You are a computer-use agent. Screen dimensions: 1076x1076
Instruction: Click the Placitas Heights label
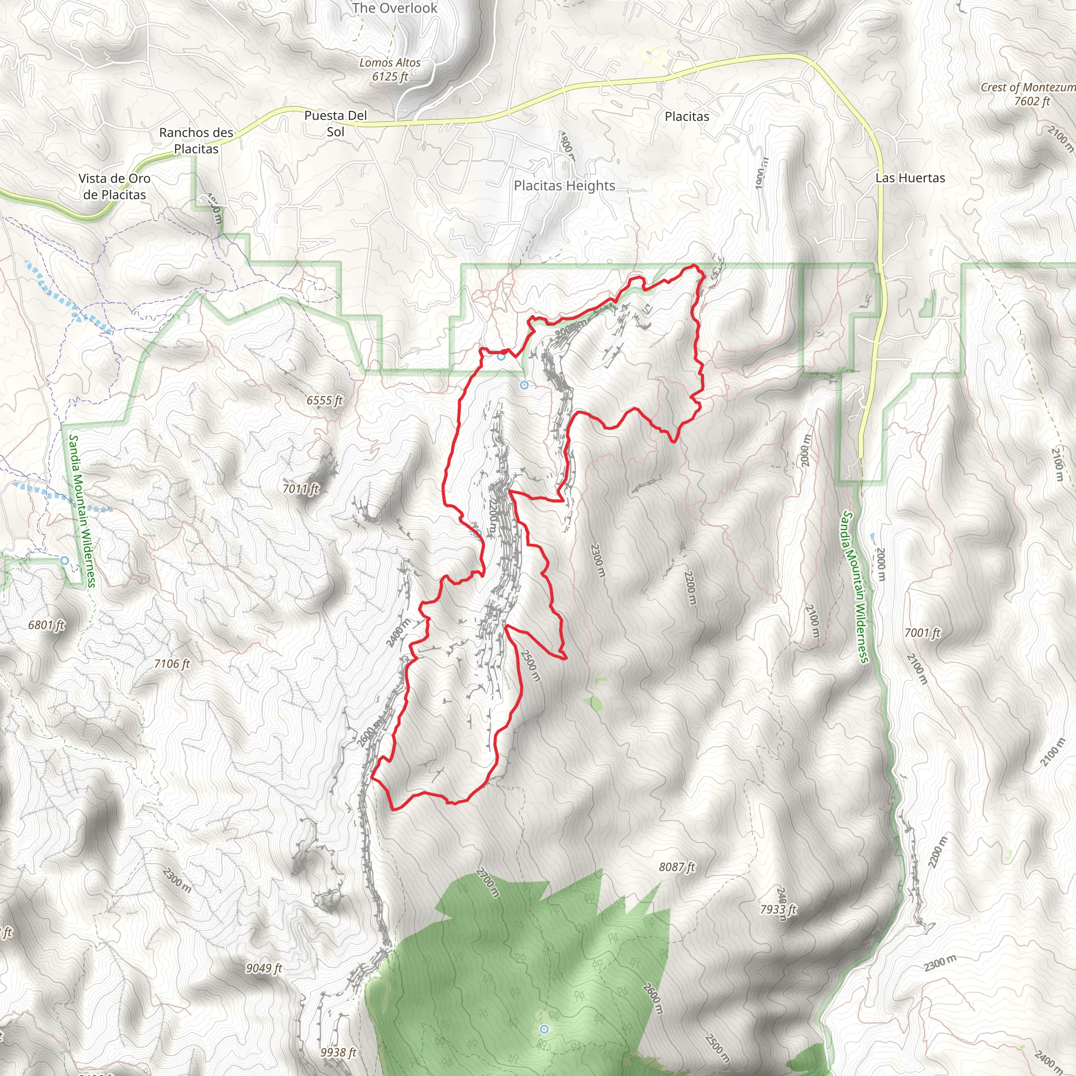pos(564,185)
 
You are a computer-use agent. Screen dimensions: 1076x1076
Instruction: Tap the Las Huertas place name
pos(910,178)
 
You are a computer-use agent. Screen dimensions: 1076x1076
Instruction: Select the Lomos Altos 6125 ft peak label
pos(390,70)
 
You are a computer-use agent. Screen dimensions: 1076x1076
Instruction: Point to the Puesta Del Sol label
pos(335,123)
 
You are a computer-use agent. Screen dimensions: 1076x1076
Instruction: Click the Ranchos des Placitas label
pos(196,140)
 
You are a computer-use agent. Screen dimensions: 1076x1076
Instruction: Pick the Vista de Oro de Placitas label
pos(114,187)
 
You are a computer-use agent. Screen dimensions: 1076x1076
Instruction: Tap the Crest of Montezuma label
pos(1028,94)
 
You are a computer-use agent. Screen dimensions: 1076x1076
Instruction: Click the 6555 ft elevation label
pos(324,400)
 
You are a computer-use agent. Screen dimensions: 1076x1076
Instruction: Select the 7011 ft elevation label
pos(301,489)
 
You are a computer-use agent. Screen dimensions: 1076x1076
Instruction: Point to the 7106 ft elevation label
pos(172,664)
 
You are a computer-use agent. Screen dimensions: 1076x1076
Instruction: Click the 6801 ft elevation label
pos(47,625)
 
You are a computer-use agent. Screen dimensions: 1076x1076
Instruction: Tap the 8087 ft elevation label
pos(677,866)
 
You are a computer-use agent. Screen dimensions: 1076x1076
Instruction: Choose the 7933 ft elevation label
pos(778,909)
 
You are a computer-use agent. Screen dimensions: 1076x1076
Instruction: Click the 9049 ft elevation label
pos(264,968)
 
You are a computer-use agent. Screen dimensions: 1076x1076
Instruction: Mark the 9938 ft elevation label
pos(338,1052)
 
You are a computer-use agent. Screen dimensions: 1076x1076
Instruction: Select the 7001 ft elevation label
pos(922,632)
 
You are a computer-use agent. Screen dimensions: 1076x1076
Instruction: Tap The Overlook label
pos(395,8)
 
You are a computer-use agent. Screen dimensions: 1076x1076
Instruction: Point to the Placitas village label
pos(687,117)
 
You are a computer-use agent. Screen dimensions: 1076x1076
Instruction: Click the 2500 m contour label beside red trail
pos(531,665)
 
